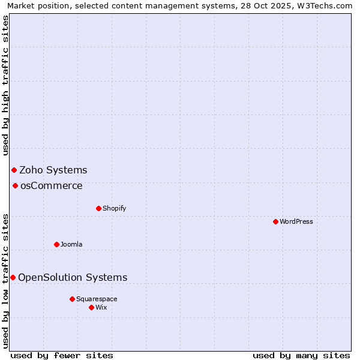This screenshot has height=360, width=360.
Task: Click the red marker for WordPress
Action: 275,221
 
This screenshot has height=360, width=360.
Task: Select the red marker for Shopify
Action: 98,208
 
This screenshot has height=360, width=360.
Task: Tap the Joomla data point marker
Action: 56,244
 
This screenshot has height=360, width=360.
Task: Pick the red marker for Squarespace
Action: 72,299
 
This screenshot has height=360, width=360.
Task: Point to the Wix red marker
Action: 91,307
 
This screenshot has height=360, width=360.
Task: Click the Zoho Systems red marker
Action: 14,170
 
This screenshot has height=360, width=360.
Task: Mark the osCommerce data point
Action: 15,185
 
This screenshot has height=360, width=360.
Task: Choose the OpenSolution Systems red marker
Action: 13,277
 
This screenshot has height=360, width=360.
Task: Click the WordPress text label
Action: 296,221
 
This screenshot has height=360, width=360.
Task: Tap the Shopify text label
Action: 115,208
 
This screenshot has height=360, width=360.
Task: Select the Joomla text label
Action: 71,244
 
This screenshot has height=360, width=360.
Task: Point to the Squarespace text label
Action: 97,299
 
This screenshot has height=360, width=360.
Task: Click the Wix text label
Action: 101,307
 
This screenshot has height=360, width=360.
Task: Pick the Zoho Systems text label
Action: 53,170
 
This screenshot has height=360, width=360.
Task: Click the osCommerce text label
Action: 52,185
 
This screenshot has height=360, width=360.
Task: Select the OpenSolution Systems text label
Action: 73,277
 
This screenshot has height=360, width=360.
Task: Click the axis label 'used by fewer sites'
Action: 62,355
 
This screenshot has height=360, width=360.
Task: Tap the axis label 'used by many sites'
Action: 301,355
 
